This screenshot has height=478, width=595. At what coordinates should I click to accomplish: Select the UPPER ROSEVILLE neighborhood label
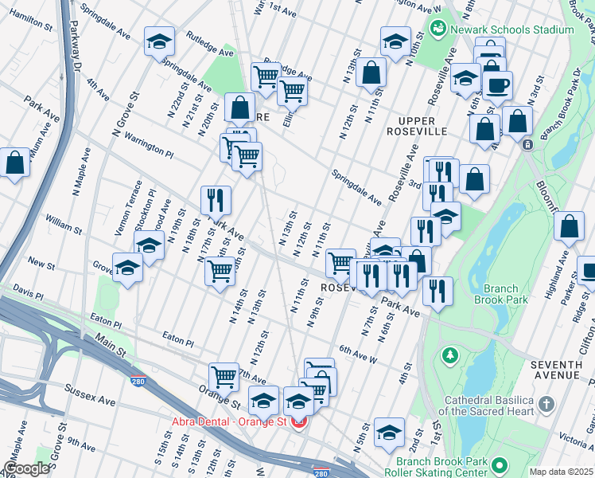coord(416,125)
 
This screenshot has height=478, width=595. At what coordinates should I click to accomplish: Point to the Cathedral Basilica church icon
coord(546,405)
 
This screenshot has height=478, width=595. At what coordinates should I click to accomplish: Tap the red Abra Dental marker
coord(299,422)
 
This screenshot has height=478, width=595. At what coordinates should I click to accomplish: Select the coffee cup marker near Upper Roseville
coord(497,85)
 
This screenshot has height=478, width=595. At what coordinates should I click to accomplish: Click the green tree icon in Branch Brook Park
coord(449,353)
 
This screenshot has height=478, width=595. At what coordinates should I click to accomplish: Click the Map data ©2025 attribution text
coord(561,472)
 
